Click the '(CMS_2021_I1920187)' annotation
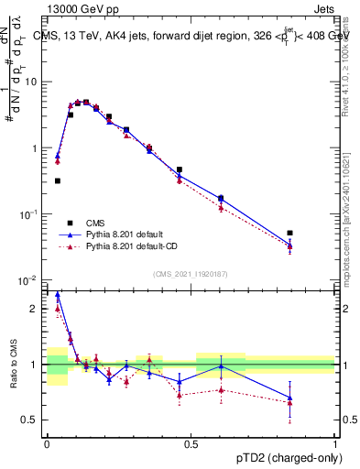point(191,274)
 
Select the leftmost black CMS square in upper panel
point(58,181)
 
